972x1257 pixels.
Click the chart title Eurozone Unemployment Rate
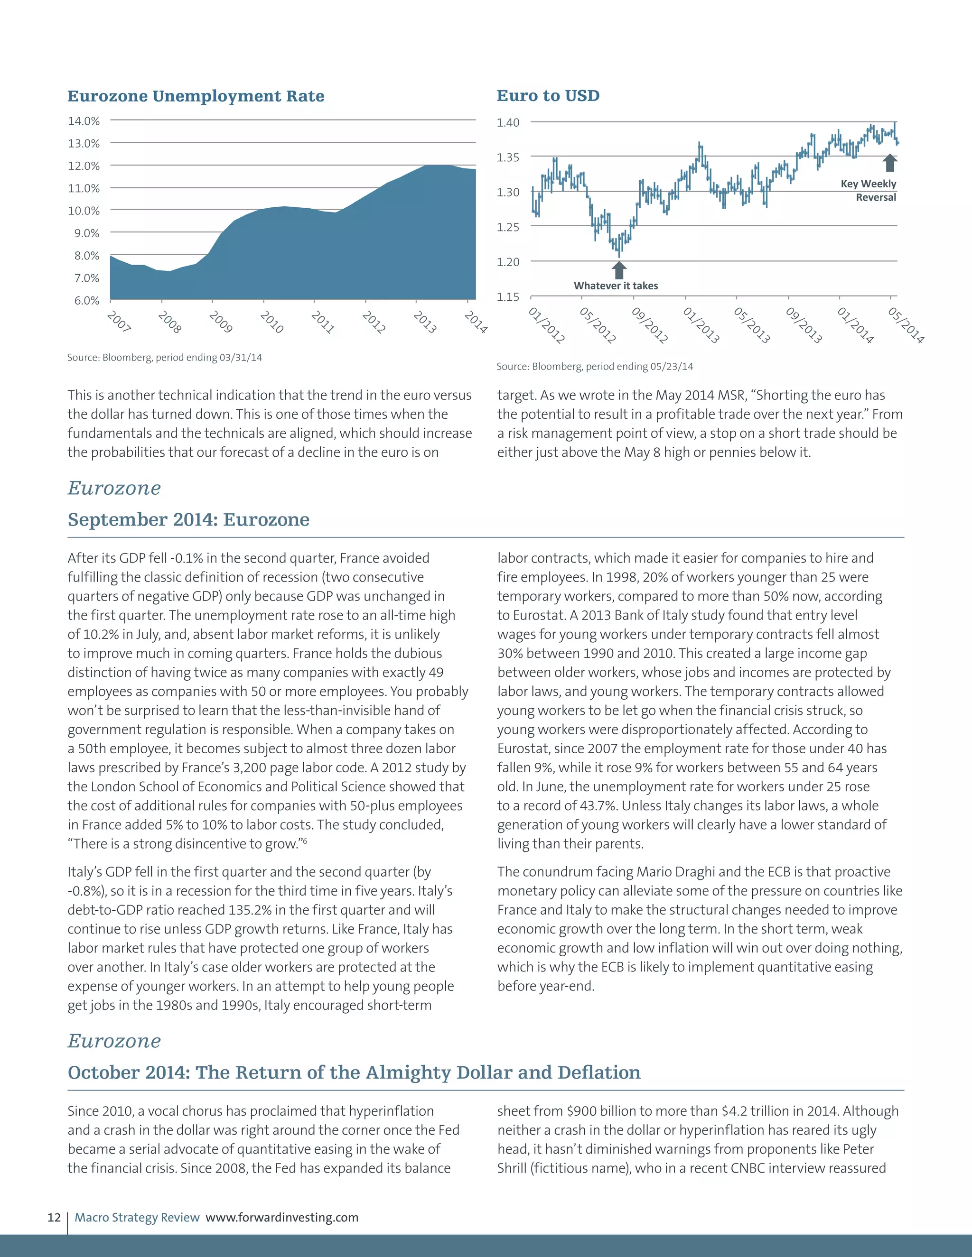[196, 96]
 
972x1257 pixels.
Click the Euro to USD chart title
[548, 95]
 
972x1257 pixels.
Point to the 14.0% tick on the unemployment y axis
[84, 121]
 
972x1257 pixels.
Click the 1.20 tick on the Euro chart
[508, 262]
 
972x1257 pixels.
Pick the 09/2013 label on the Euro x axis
[804, 325]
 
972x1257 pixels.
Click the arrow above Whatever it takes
[619, 270]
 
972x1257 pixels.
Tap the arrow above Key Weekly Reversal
[890, 162]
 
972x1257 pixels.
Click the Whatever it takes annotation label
[616, 286]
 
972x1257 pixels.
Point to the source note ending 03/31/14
[165, 358]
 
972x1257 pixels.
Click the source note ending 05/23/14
[595, 367]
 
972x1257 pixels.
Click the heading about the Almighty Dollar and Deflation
[354, 1072]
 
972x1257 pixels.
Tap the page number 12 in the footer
[54, 1217]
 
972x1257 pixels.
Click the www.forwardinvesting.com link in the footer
[282, 1217]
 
